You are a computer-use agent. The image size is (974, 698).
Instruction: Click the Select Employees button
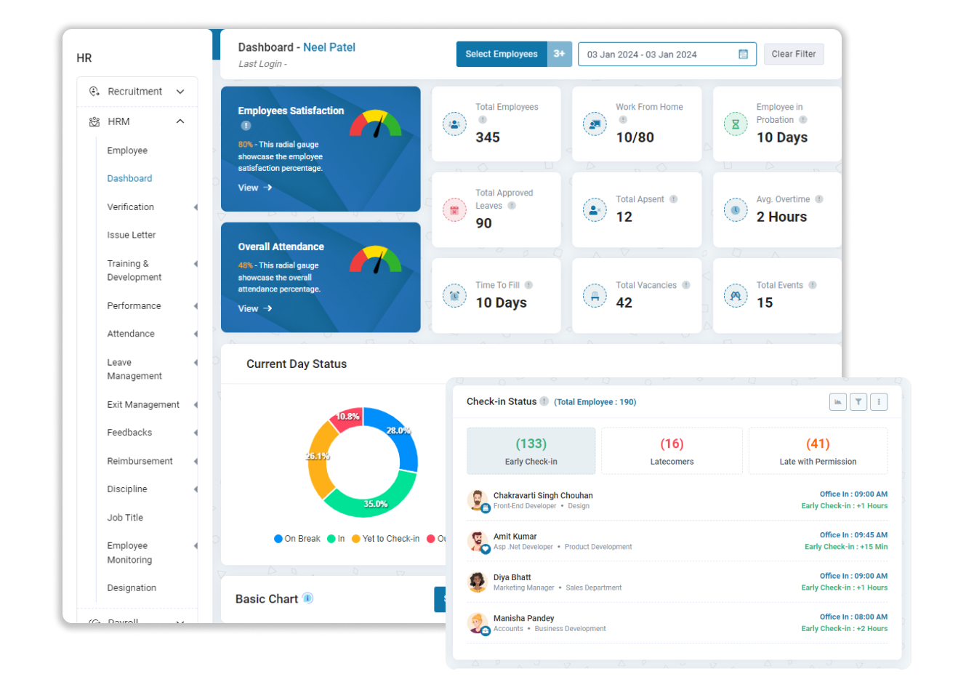502,55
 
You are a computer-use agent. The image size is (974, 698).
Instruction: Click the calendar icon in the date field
743,55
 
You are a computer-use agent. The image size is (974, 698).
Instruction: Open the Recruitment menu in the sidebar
137,92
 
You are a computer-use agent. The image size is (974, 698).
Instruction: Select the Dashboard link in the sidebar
129,179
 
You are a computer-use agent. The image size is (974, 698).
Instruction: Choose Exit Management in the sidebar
143,405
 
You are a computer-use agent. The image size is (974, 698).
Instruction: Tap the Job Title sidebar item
125,518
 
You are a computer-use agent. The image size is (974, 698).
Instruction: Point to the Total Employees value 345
488,137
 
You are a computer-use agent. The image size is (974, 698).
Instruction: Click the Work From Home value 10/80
635,137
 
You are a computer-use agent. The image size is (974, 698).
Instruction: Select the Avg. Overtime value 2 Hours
781,217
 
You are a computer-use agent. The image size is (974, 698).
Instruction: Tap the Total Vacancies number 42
624,302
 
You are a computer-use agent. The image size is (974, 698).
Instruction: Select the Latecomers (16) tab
672,452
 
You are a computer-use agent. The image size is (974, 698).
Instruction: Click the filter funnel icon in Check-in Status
858,402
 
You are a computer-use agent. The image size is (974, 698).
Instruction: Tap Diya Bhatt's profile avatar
478,582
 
